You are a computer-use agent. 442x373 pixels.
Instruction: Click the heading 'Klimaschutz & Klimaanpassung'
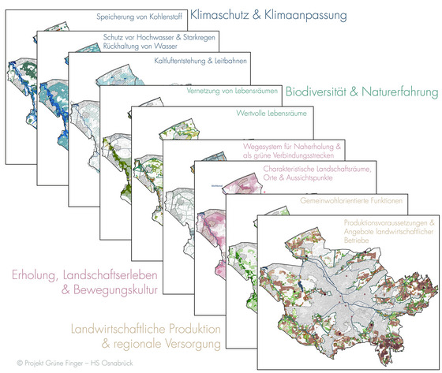pos(268,15)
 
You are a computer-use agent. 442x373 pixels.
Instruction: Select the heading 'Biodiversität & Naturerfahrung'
pos(362,91)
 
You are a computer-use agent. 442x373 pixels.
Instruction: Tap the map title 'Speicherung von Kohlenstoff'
pos(139,17)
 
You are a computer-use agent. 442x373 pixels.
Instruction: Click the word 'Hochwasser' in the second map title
pos(155,37)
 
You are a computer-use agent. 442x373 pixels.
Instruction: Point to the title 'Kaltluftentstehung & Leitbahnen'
pos(200,61)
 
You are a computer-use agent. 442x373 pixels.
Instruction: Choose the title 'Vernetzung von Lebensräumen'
pos(232,91)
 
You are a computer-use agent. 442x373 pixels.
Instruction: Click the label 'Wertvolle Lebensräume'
pos(272,114)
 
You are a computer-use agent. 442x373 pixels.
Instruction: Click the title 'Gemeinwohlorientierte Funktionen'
pos(351,200)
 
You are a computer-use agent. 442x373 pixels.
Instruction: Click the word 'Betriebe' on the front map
pos(356,241)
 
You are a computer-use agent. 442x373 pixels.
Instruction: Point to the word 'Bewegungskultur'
pos(115,290)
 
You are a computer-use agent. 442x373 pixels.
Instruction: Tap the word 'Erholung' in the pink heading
pos(35,275)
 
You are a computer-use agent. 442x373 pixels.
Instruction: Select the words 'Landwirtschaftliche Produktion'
pos(146,329)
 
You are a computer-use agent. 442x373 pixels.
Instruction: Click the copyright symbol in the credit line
pos(20,363)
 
